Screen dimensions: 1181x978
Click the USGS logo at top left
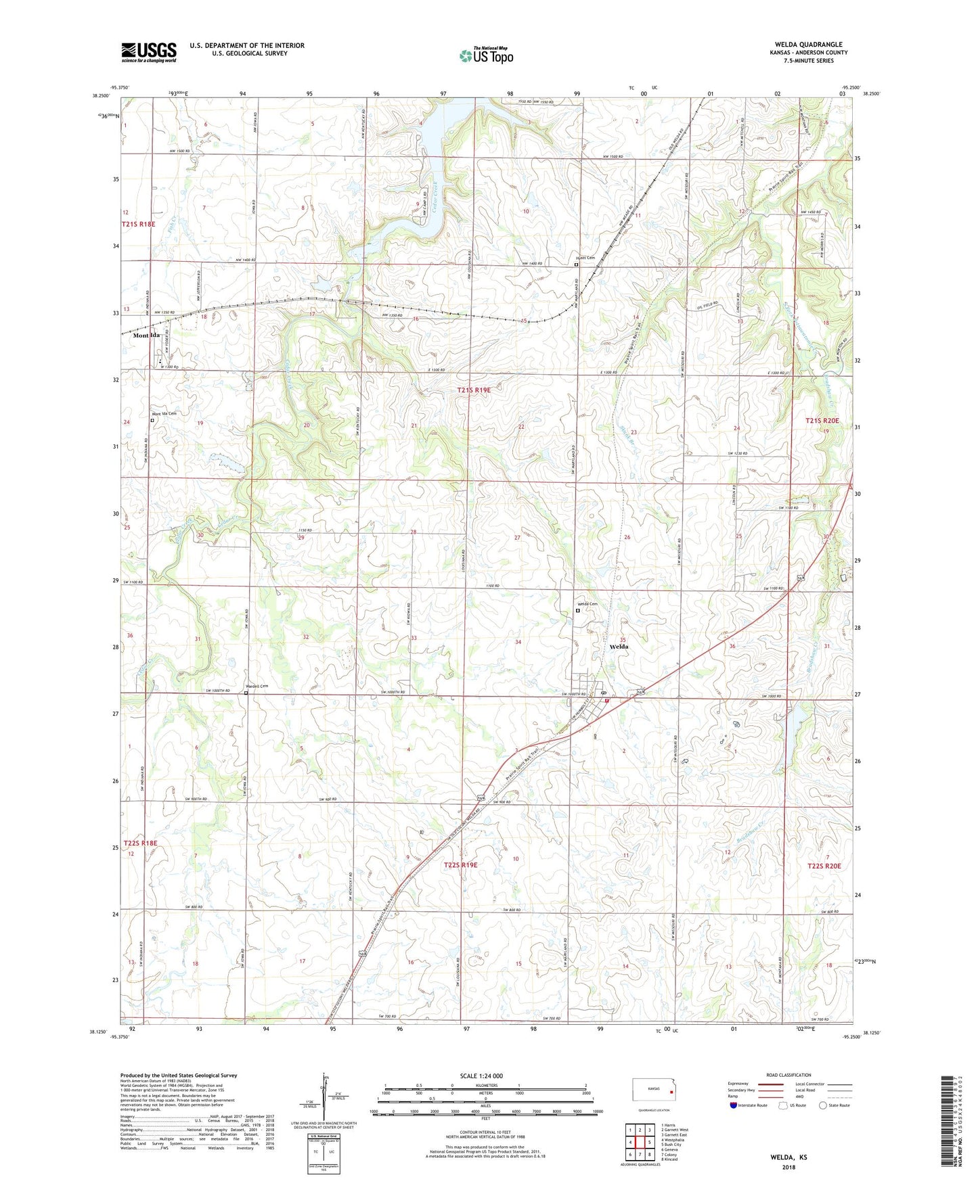[x=149, y=52]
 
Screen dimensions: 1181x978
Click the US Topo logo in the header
[x=485, y=56]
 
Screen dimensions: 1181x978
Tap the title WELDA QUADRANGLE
[x=809, y=45]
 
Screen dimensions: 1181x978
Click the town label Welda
[x=619, y=647]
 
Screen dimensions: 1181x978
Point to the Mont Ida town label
[x=146, y=335]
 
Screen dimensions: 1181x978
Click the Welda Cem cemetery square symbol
[x=577, y=610]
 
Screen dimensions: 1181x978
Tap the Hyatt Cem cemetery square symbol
[x=576, y=265]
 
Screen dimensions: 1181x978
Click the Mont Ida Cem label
[x=164, y=414]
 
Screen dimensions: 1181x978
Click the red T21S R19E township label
[x=473, y=390]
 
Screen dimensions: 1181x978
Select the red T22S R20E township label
[x=824, y=866]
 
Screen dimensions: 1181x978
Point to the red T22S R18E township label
[x=140, y=843]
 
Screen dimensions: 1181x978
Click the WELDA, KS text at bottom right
[x=788, y=1157]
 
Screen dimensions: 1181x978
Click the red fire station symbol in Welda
[x=607, y=701]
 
